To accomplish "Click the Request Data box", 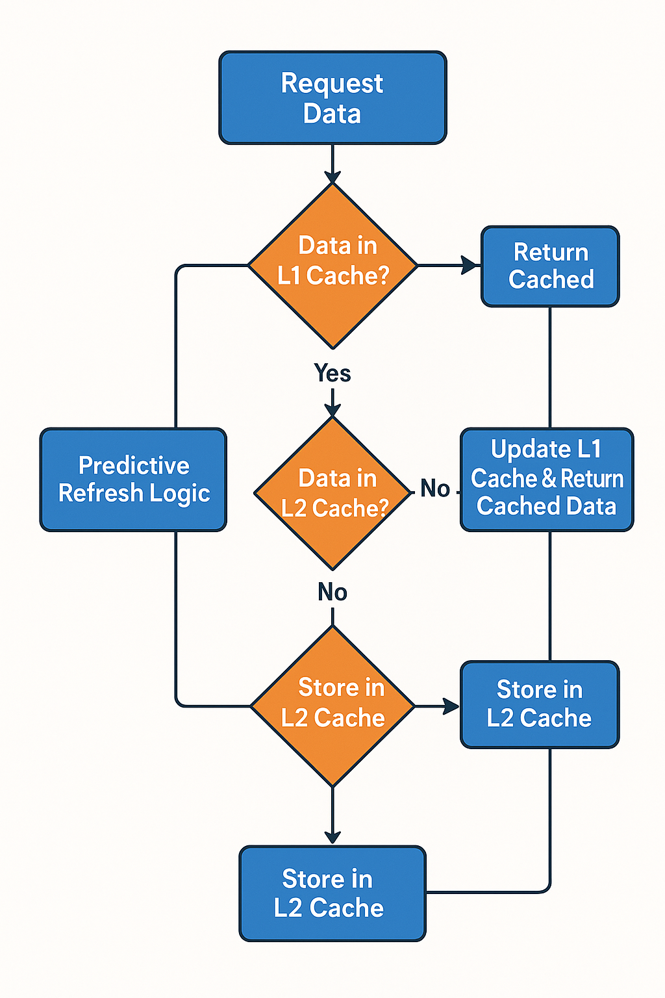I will pos(332,98).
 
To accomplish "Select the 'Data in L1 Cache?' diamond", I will pos(332,265).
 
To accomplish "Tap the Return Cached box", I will pos(550,266).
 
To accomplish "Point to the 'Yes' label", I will pos(332,374).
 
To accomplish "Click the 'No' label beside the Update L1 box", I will pos(434,489).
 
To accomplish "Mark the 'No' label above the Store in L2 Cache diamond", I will pos(332,592).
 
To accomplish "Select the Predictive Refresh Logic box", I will pos(133,480).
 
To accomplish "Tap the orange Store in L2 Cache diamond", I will pos(332,706).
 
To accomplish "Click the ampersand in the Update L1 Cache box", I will pos(549,479).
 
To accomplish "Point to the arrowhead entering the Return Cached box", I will pos(470,265).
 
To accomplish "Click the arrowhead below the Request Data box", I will pos(332,176).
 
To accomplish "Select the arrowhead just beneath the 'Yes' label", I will pos(332,409).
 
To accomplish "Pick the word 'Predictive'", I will pos(134,465).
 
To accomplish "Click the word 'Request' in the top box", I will pos(332,84).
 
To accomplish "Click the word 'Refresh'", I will pos(100,493).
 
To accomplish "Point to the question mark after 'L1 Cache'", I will pos(382,275).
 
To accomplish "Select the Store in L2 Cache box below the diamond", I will pos(332,893).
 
